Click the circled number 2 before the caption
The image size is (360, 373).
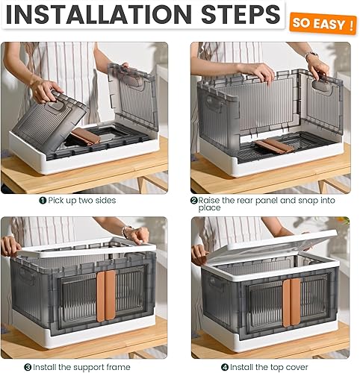(194, 201)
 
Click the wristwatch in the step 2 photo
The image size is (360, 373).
(311, 56)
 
